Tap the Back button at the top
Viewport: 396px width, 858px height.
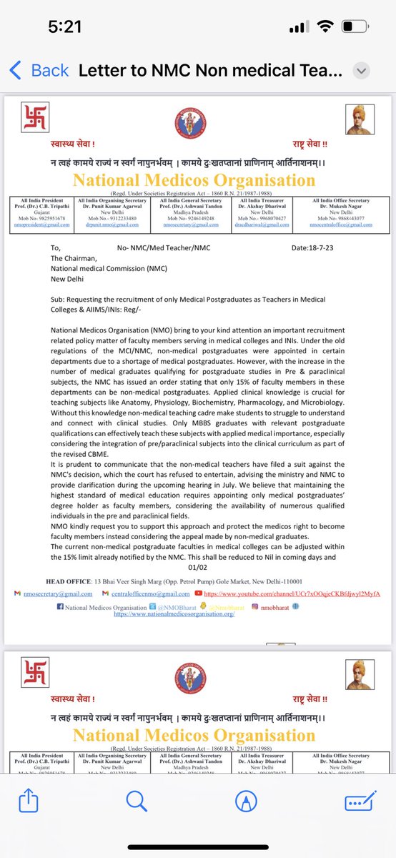point(39,70)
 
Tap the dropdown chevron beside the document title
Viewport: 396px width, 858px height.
point(362,71)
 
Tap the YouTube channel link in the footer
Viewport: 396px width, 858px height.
point(292,594)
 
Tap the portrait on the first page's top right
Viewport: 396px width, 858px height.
point(356,117)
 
